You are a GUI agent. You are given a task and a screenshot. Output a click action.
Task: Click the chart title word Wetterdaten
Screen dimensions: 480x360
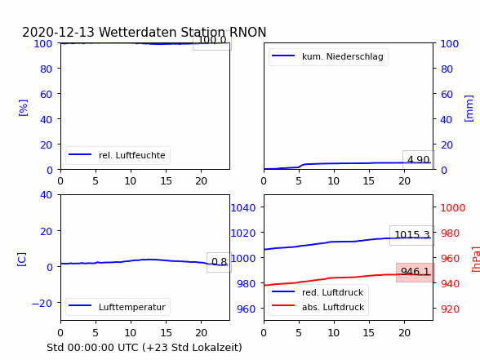[138, 32]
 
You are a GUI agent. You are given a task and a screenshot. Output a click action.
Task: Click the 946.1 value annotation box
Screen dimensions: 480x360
[415, 272]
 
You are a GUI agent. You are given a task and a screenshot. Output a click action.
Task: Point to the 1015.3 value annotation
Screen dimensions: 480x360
[412, 235]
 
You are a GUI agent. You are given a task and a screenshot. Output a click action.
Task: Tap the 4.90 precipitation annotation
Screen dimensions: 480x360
[419, 159]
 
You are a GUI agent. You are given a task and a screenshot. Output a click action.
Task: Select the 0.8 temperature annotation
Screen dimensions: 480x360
[219, 262]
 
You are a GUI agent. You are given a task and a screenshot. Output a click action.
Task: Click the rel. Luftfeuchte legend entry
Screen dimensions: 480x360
[118, 155]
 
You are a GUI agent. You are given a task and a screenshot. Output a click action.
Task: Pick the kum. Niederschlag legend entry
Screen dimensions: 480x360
[328, 56]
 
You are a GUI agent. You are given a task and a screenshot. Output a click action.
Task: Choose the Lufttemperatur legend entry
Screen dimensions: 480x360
[118, 307]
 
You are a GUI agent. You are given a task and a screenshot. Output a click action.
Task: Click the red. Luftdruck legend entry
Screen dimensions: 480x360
[318, 292]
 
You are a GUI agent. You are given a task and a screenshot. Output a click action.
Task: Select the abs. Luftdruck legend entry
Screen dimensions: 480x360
[318, 307]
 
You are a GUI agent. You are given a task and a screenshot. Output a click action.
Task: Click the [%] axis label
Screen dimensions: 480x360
[23, 108]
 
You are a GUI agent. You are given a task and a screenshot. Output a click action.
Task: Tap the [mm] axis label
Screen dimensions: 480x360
[469, 109]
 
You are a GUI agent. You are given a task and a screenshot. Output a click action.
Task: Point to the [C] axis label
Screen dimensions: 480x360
[21, 260]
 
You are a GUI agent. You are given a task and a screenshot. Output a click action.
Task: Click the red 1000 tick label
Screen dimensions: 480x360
[453, 208]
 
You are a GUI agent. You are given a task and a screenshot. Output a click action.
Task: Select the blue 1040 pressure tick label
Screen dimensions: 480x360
[243, 208]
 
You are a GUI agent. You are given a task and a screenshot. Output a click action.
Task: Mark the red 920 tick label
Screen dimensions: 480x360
[450, 309]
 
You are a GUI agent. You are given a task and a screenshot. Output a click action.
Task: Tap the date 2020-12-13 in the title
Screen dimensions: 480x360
[58, 32]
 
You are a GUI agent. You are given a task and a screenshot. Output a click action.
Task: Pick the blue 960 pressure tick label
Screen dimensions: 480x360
[247, 309]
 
